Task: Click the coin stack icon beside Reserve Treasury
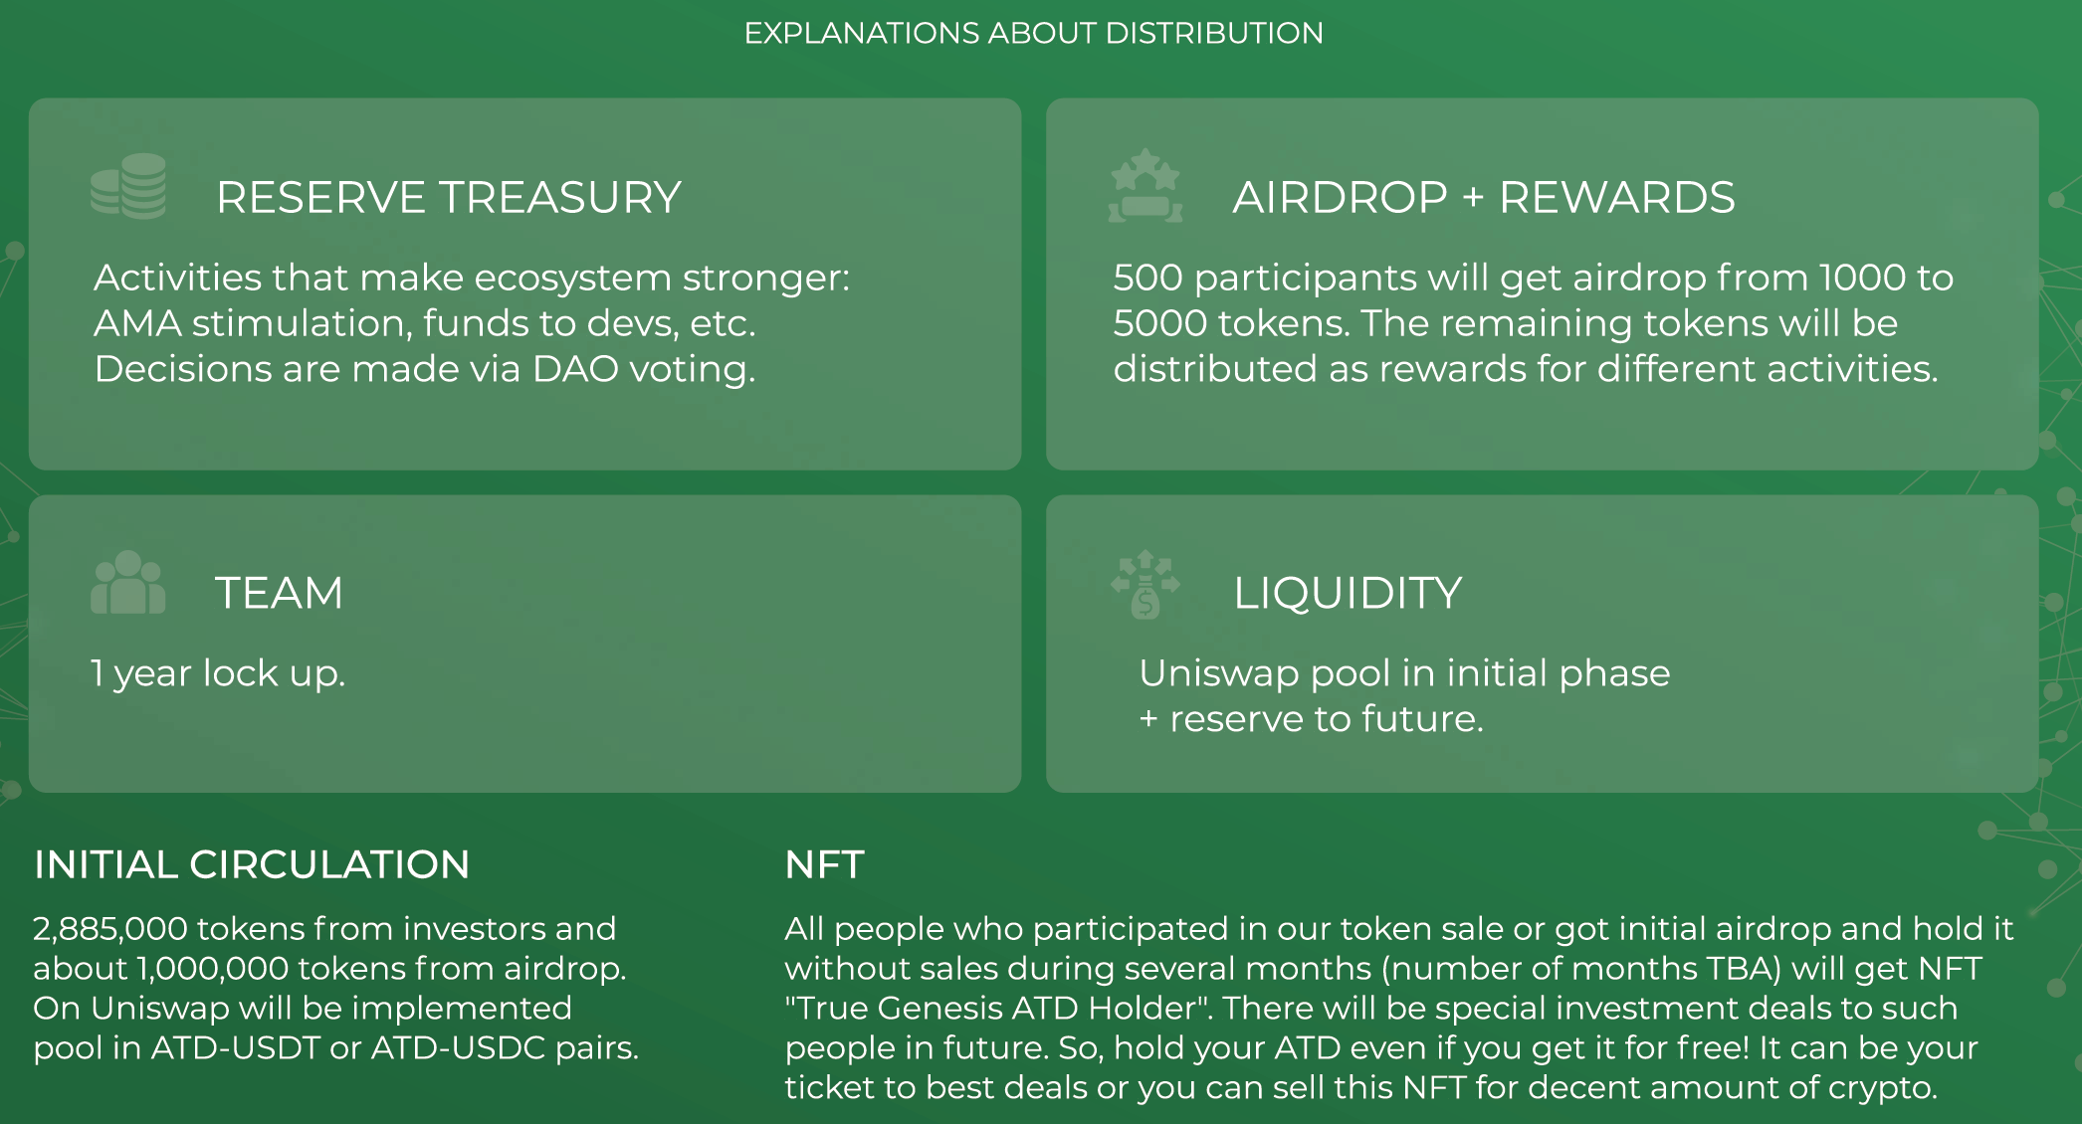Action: point(128,186)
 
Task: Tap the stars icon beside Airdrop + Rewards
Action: point(1145,186)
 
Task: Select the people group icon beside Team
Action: point(127,583)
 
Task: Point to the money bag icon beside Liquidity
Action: point(1145,584)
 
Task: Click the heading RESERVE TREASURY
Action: point(449,197)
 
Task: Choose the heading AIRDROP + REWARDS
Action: point(1484,197)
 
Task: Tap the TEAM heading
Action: point(280,593)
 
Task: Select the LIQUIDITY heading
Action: point(1348,593)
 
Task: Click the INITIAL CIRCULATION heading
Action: point(252,864)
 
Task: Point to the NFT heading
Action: point(824,864)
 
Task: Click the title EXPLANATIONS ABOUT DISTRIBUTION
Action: point(1034,33)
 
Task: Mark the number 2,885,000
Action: point(110,929)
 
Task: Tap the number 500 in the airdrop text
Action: point(1147,278)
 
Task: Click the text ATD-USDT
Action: point(236,1047)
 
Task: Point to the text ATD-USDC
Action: point(458,1047)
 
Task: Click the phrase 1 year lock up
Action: point(218,673)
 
